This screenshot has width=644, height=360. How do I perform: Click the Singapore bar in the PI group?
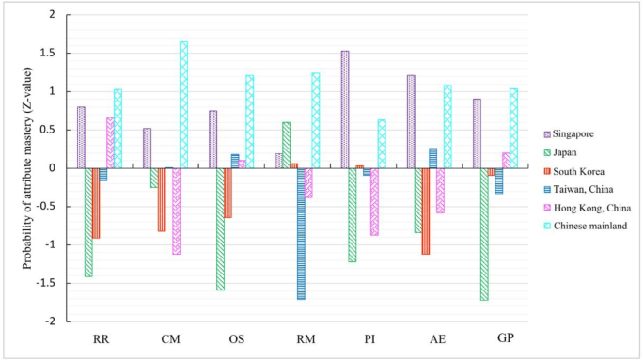coord(345,109)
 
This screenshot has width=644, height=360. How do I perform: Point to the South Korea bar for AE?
coord(426,211)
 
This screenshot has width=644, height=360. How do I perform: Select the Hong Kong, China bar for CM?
coord(176,211)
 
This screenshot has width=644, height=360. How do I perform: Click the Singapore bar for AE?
coord(411,121)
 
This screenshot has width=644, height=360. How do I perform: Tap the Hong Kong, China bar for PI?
coord(374,201)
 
